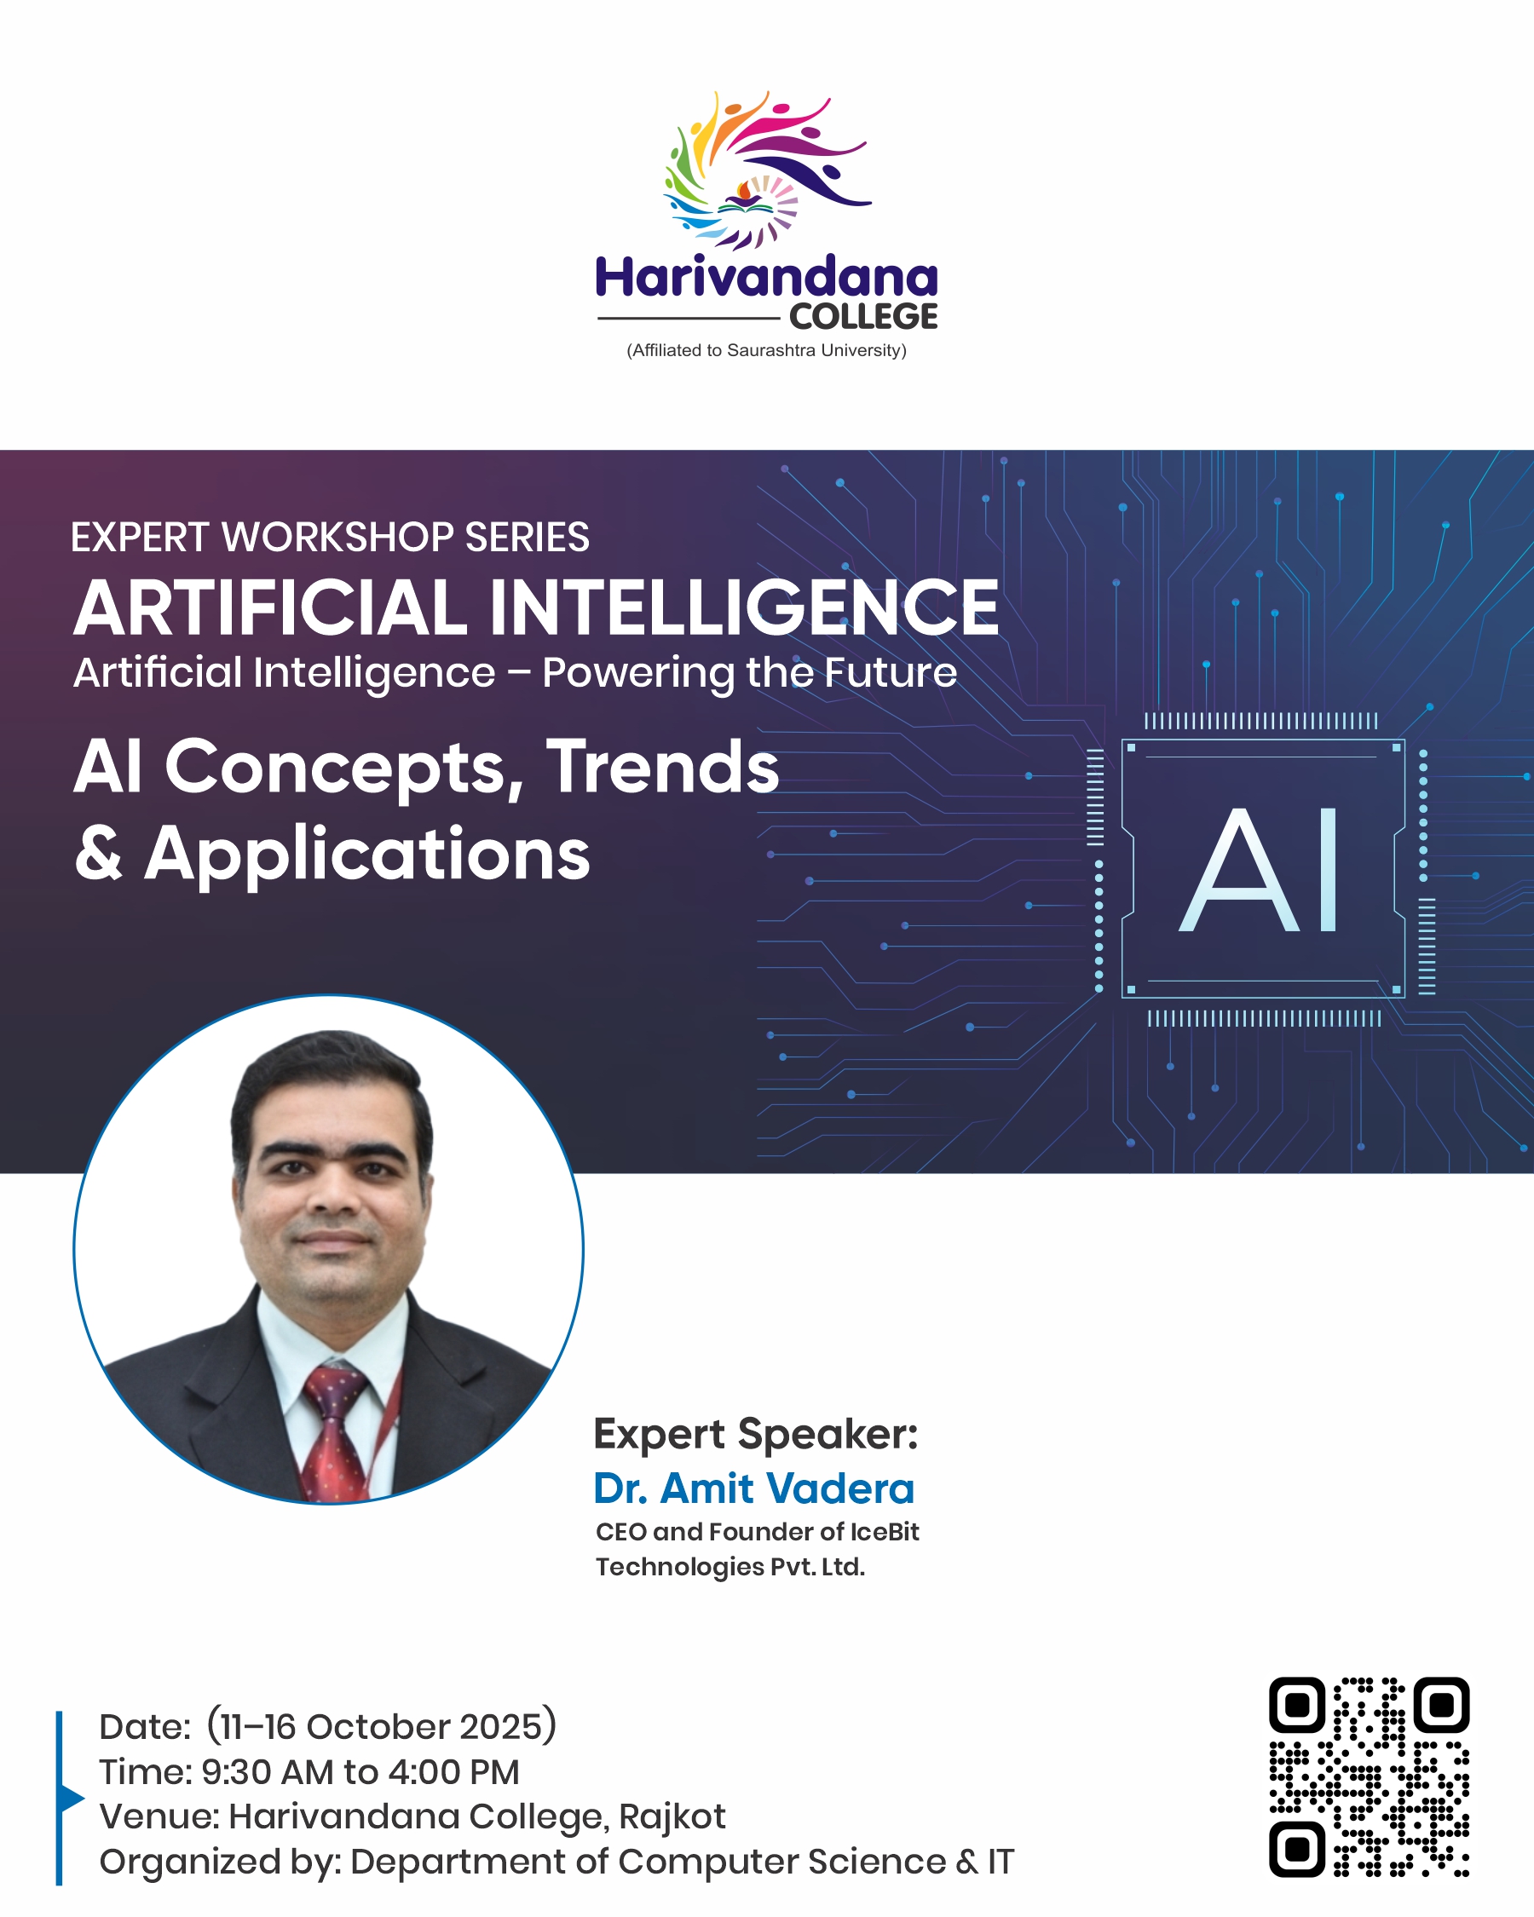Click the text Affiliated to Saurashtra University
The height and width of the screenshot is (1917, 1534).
click(766, 350)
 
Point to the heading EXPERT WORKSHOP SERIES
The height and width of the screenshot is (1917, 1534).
click(330, 537)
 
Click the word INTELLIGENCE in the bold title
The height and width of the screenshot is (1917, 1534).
click(744, 608)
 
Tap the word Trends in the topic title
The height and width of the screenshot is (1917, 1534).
click(662, 767)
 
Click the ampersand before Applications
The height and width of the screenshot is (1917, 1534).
click(99, 852)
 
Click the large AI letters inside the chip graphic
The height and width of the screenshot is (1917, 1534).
click(1260, 870)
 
